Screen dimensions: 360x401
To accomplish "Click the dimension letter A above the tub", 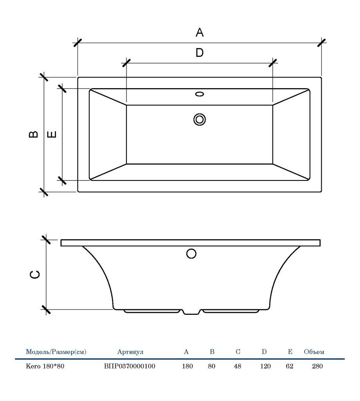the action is (199, 33).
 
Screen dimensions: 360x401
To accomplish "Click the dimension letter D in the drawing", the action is (199, 53).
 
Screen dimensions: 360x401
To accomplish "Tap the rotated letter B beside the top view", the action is (34, 134).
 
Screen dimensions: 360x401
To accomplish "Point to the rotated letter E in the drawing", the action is (52, 134).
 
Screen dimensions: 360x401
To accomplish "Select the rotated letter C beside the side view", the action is (35, 275).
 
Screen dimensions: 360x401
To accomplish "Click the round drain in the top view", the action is (199, 120).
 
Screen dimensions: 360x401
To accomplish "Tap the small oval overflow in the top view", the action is (199, 94).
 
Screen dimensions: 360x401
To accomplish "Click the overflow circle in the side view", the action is (191, 254).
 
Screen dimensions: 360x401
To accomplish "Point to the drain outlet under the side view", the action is (192, 312).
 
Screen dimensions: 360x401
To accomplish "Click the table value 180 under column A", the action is (187, 366).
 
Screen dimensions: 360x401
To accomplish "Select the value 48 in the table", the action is (237, 366).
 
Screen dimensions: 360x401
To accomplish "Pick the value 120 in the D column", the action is (265, 366).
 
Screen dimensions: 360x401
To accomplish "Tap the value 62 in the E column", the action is (289, 366).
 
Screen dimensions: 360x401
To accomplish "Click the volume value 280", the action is (317, 366).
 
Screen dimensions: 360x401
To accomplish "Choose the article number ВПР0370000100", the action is (130, 366).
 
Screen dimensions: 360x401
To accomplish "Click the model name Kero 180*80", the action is (45, 366).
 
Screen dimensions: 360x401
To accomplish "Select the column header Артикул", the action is (130, 352).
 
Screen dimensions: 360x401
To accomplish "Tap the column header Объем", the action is (314, 352).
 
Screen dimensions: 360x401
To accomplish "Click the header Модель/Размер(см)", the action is (56, 352).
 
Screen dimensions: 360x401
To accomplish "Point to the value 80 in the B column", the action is (212, 366).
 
